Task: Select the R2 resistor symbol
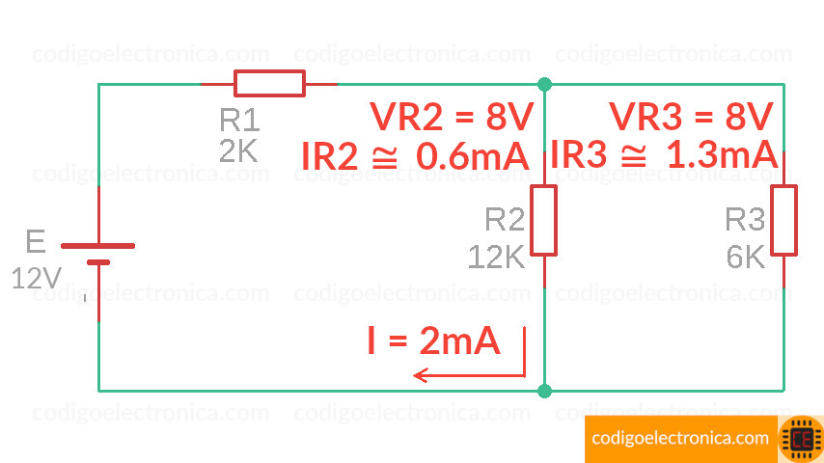click(544, 220)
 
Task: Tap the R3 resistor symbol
click(783, 220)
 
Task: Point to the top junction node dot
click(545, 84)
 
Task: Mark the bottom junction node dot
click(545, 391)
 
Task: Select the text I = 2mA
click(433, 340)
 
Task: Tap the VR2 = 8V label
click(451, 118)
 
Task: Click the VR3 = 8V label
click(691, 118)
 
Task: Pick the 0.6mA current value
click(472, 156)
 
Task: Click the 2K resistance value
click(238, 151)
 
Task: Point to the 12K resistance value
click(496, 257)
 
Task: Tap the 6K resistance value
click(745, 257)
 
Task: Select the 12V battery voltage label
click(37, 279)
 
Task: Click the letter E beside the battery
click(36, 242)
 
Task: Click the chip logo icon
click(801, 439)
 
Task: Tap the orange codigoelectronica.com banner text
click(681, 439)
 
